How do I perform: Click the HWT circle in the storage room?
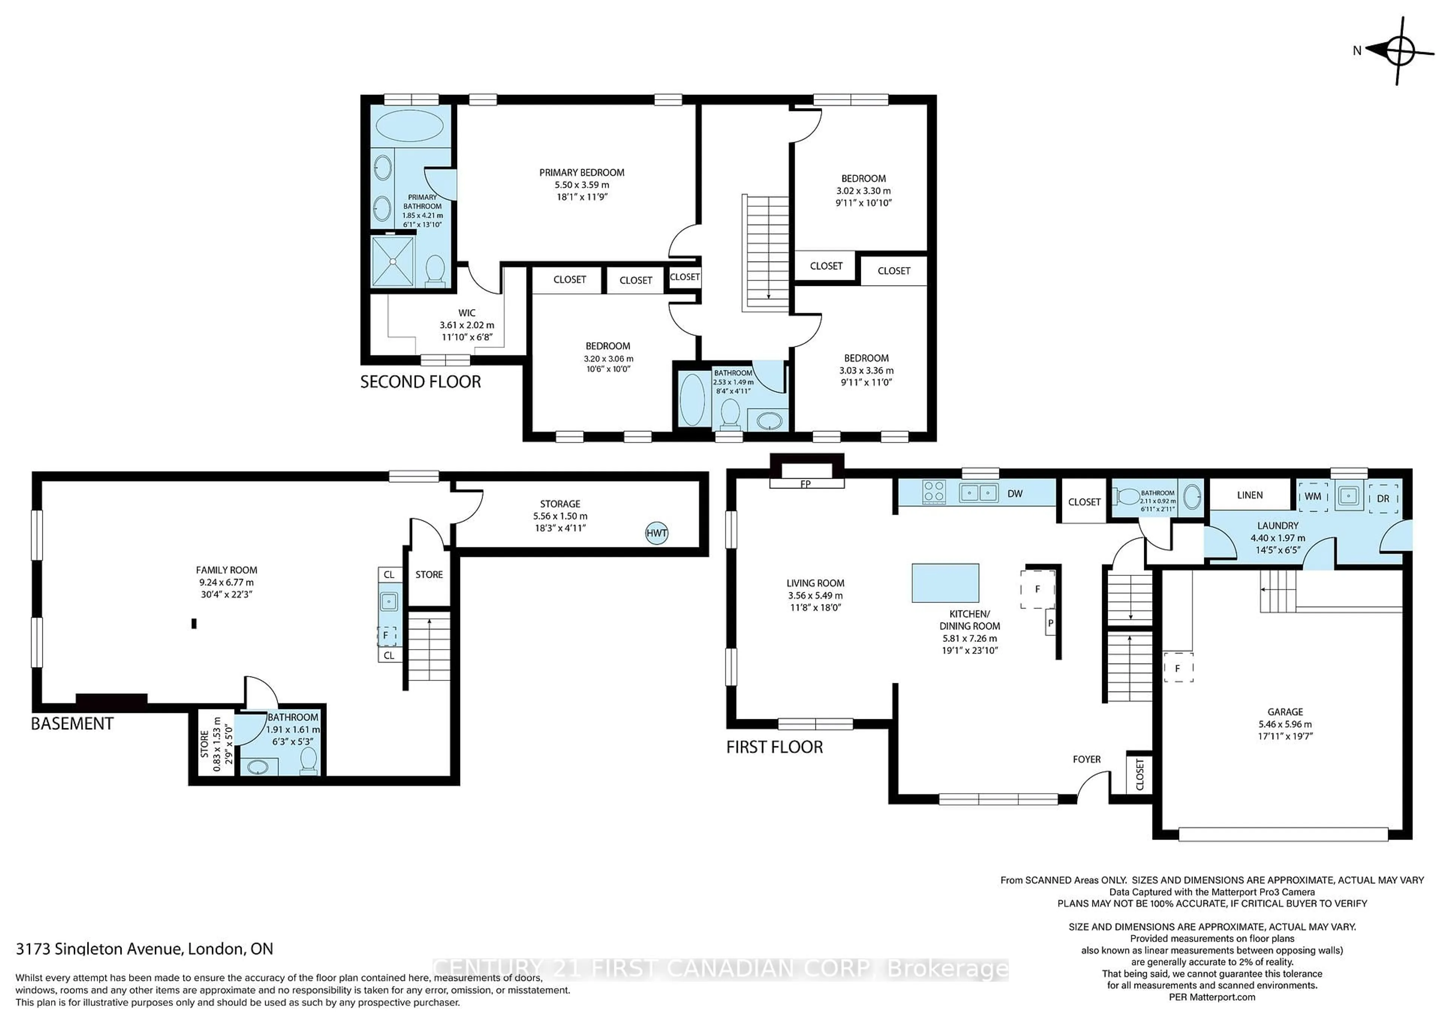656,534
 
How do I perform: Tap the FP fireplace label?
805,484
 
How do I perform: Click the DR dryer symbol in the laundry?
1382,498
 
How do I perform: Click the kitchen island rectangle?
945,583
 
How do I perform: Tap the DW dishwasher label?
1015,494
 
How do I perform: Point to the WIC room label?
466,313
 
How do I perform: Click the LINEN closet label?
1250,495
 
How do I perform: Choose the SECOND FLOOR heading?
421,382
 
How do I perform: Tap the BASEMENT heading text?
72,723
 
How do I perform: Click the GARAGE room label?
1285,712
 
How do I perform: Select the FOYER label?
1086,759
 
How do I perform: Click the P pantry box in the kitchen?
1050,624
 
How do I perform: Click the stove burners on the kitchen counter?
934,491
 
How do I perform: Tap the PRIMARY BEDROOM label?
582,173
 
